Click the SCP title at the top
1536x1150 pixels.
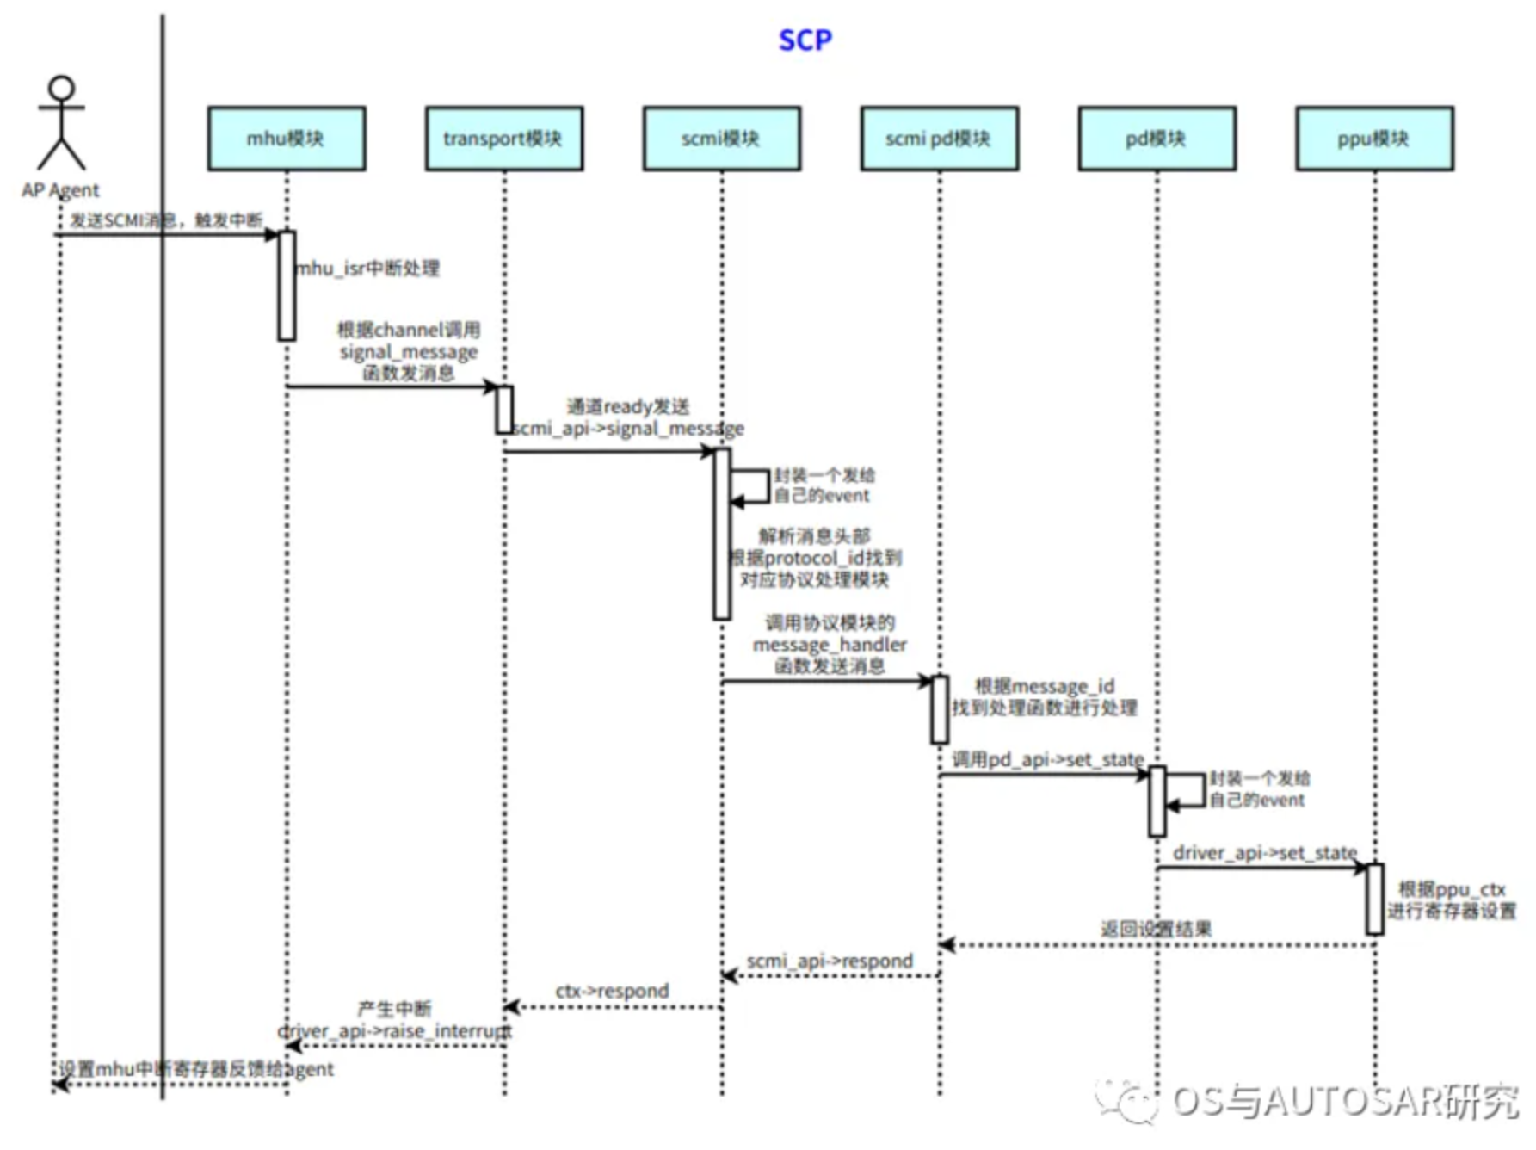click(x=805, y=40)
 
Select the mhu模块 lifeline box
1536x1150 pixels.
click(x=286, y=139)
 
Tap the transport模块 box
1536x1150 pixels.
click(x=503, y=139)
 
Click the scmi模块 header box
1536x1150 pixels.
click(x=721, y=139)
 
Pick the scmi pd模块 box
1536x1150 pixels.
click(x=939, y=139)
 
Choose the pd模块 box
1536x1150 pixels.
click(x=1157, y=139)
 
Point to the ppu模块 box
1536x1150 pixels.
click(x=1374, y=139)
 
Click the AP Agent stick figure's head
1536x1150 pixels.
click(x=61, y=89)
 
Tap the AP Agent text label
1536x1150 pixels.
click(x=60, y=190)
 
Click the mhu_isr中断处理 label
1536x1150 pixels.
click(x=368, y=269)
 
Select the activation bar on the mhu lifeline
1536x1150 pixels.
click(x=287, y=285)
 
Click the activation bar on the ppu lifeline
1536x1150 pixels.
click(x=1374, y=899)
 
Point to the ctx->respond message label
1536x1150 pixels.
click(x=612, y=991)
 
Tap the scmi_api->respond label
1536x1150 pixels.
click(x=830, y=961)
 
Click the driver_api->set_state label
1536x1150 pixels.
click(x=1264, y=853)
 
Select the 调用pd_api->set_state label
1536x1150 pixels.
click(x=1047, y=759)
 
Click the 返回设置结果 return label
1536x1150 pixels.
click(x=1156, y=929)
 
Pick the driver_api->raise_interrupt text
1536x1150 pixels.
click(x=394, y=1030)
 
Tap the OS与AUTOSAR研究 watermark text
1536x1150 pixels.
click(x=1344, y=1101)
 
